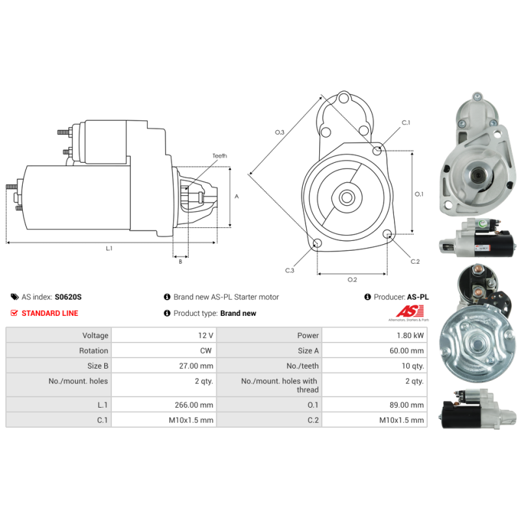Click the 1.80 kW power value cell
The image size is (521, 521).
click(410, 335)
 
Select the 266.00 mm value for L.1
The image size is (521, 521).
click(193, 404)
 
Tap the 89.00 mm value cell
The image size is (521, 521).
click(406, 404)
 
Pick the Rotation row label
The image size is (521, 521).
click(93, 350)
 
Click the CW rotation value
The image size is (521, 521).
click(206, 350)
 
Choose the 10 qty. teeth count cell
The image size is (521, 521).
click(413, 366)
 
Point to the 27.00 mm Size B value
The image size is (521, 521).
click(196, 366)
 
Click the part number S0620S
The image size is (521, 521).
click(68, 297)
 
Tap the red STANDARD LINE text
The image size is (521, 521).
click(50, 313)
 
